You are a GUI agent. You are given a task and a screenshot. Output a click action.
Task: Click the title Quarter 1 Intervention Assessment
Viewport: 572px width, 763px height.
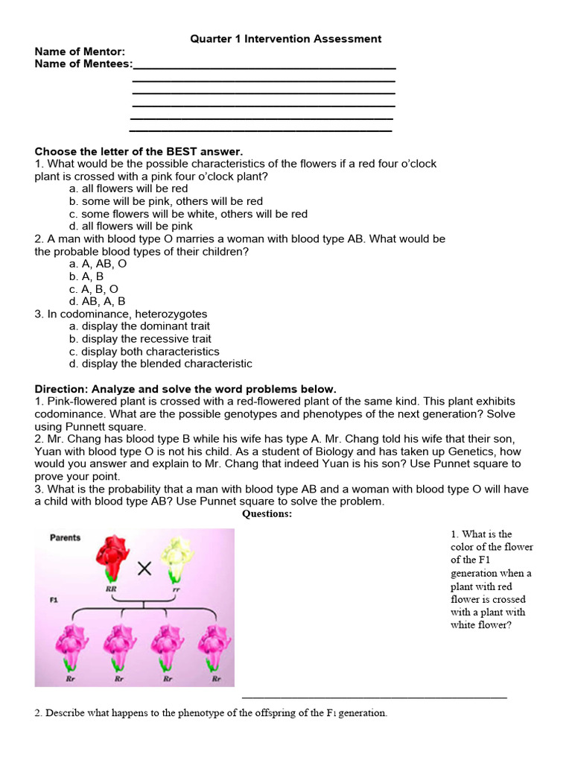click(x=286, y=39)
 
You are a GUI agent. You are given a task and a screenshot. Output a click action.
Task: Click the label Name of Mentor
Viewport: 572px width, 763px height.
click(x=80, y=51)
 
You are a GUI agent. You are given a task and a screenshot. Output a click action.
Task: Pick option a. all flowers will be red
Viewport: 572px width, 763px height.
click(x=128, y=189)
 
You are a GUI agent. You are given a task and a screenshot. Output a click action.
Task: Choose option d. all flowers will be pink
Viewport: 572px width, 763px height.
click(x=130, y=226)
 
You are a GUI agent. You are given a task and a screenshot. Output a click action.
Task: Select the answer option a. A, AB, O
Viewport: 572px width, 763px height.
click(x=98, y=264)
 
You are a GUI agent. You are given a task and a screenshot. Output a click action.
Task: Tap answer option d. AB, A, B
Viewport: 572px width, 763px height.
click(x=97, y=301)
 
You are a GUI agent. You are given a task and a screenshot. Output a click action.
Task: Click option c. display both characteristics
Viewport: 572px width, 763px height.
click(x=144, y=351)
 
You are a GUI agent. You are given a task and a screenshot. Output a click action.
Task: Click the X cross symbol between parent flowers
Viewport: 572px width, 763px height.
click(x=144, y=569)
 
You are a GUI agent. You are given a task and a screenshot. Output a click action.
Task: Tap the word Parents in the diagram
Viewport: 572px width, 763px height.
click(x=66, y=537)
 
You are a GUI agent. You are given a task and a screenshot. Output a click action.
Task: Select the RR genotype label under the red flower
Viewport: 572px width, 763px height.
click(x=111, y=589)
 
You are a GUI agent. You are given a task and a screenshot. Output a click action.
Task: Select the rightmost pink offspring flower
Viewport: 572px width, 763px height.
click(x=216, y=645)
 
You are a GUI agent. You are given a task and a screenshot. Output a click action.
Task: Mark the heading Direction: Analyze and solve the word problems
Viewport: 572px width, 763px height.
click(x=185, y=389)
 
